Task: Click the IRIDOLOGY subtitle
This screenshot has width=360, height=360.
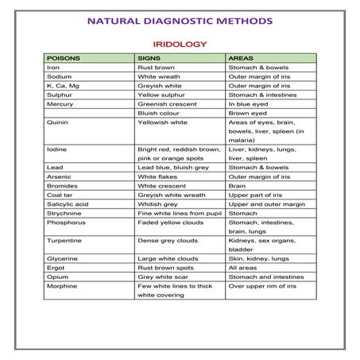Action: pyautogui.click(x=180, y=45)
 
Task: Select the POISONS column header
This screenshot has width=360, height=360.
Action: pyautogui.click(x=64, y=58)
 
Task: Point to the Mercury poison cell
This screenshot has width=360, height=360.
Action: pyautogui.click(x=60, y=103)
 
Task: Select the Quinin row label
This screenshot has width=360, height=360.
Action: pyautogui.click(x=57, y=124)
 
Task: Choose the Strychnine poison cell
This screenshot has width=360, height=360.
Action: pyautogui.click(x=64, y=212)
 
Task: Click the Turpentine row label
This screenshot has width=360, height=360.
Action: pyautogui.click(x=64, y=239)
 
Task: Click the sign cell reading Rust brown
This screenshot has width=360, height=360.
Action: pyautogui.click(x=157, y=68)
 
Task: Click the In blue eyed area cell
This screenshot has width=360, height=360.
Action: pyautogui.click(x=250, y=103)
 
